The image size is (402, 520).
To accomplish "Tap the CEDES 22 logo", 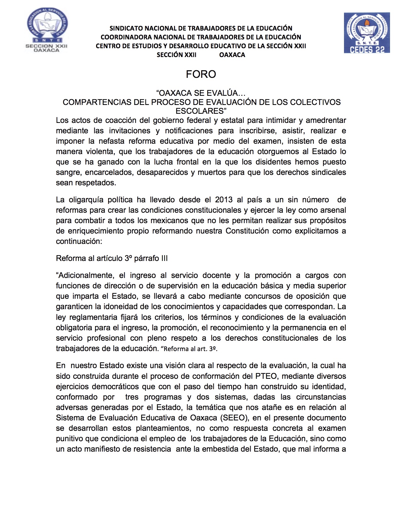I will [367, 33].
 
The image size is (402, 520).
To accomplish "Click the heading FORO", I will [201, 74].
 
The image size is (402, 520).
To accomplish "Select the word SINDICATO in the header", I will [125, 28].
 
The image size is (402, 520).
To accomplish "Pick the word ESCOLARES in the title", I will [199, 111].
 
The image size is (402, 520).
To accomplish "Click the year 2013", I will [224, 200].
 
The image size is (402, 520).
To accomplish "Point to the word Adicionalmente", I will [85, 275].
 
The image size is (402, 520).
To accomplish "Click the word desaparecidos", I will [163, 172].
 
